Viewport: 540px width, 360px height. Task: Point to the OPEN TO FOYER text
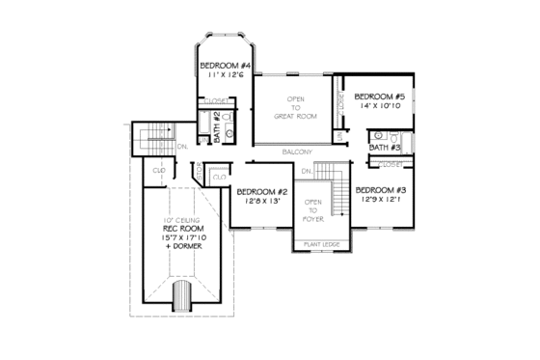[313, 209]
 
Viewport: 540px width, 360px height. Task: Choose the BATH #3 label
[383, 148]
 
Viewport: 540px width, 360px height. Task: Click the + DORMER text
[181, 247]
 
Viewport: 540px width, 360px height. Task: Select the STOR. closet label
[200, 170]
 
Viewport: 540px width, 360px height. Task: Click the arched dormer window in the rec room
[181, 295]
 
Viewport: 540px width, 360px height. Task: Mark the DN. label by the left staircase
[181, 146]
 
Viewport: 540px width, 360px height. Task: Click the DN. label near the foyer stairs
[305, 171]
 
